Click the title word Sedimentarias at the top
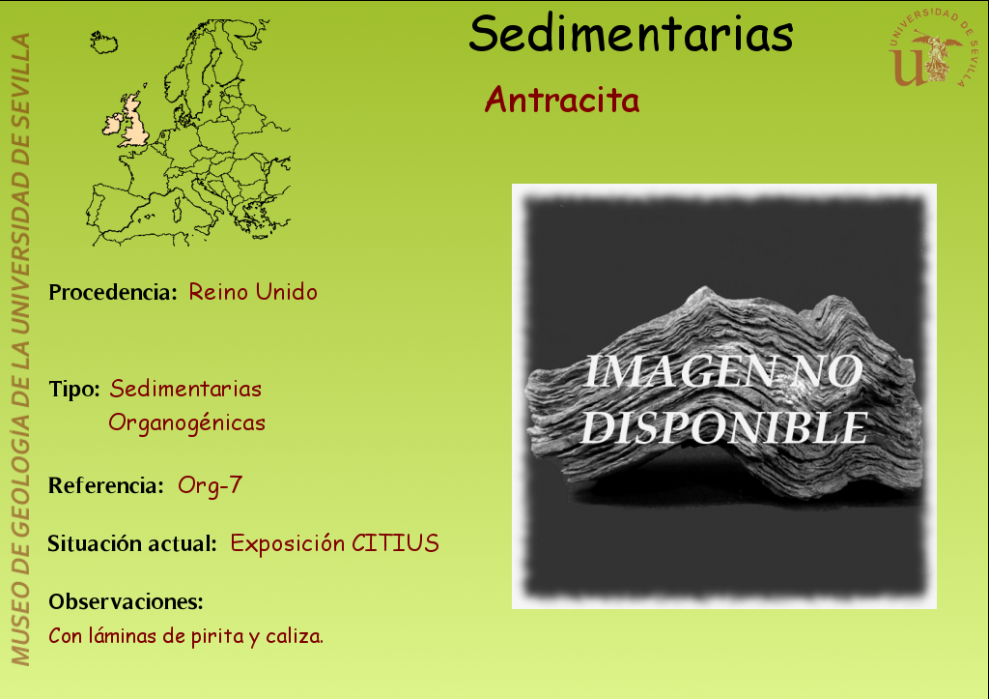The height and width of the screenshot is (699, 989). coord(631,34)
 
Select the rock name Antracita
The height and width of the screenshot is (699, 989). coord(562,100)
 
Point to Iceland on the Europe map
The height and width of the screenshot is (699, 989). coord(103,43)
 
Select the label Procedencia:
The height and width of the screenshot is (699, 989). coord(113,292)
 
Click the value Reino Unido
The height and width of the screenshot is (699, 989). coord(253,292)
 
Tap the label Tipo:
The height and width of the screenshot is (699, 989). coord(74,389)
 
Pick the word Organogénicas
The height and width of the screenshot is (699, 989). coord(186,422)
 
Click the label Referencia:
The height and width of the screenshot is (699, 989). coord(106,485)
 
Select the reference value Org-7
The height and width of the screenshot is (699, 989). coord(210,485)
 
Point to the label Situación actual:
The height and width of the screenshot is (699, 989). coord(132,543)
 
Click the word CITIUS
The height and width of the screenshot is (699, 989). coord(395,543)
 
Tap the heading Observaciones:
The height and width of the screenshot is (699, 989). coord(127,601)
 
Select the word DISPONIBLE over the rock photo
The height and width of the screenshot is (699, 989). coord(724,428)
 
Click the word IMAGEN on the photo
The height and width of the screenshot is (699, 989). coord(679,371)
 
